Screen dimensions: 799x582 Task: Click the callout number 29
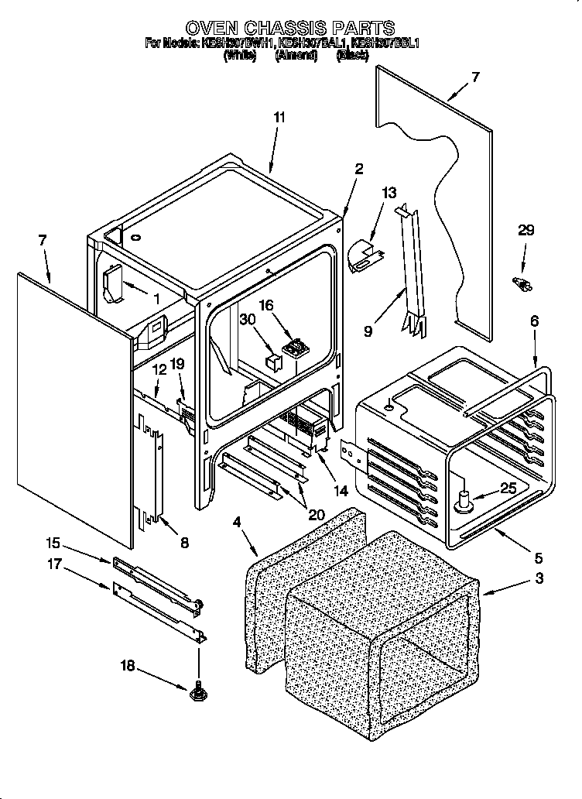coord(526,231)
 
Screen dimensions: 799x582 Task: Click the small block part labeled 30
coord(273,361)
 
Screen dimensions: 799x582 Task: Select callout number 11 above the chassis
coord(279,118)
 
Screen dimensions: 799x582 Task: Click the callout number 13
coord(389,192)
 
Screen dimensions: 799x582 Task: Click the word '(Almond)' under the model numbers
coord(296,57)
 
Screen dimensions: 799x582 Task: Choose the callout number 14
coord(339,490)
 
